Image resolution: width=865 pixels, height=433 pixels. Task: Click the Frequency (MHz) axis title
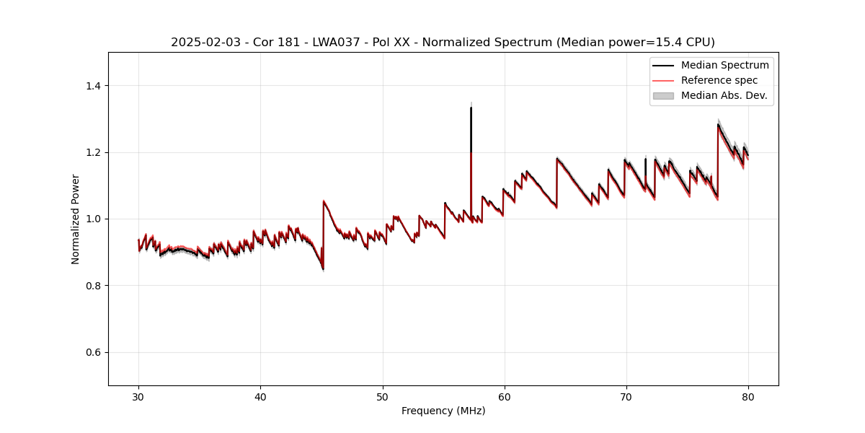click(443, 411)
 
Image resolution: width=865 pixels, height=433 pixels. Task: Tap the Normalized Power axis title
click(76, 219)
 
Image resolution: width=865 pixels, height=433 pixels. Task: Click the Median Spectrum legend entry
click(724, 65)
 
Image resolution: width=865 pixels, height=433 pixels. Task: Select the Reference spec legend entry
click(719, 80)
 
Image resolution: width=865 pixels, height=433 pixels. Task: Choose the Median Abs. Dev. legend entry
click(724, 95)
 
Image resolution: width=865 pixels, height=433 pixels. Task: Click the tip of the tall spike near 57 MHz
click(471, 108)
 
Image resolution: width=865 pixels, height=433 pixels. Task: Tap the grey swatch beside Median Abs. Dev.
click(663, 95)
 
